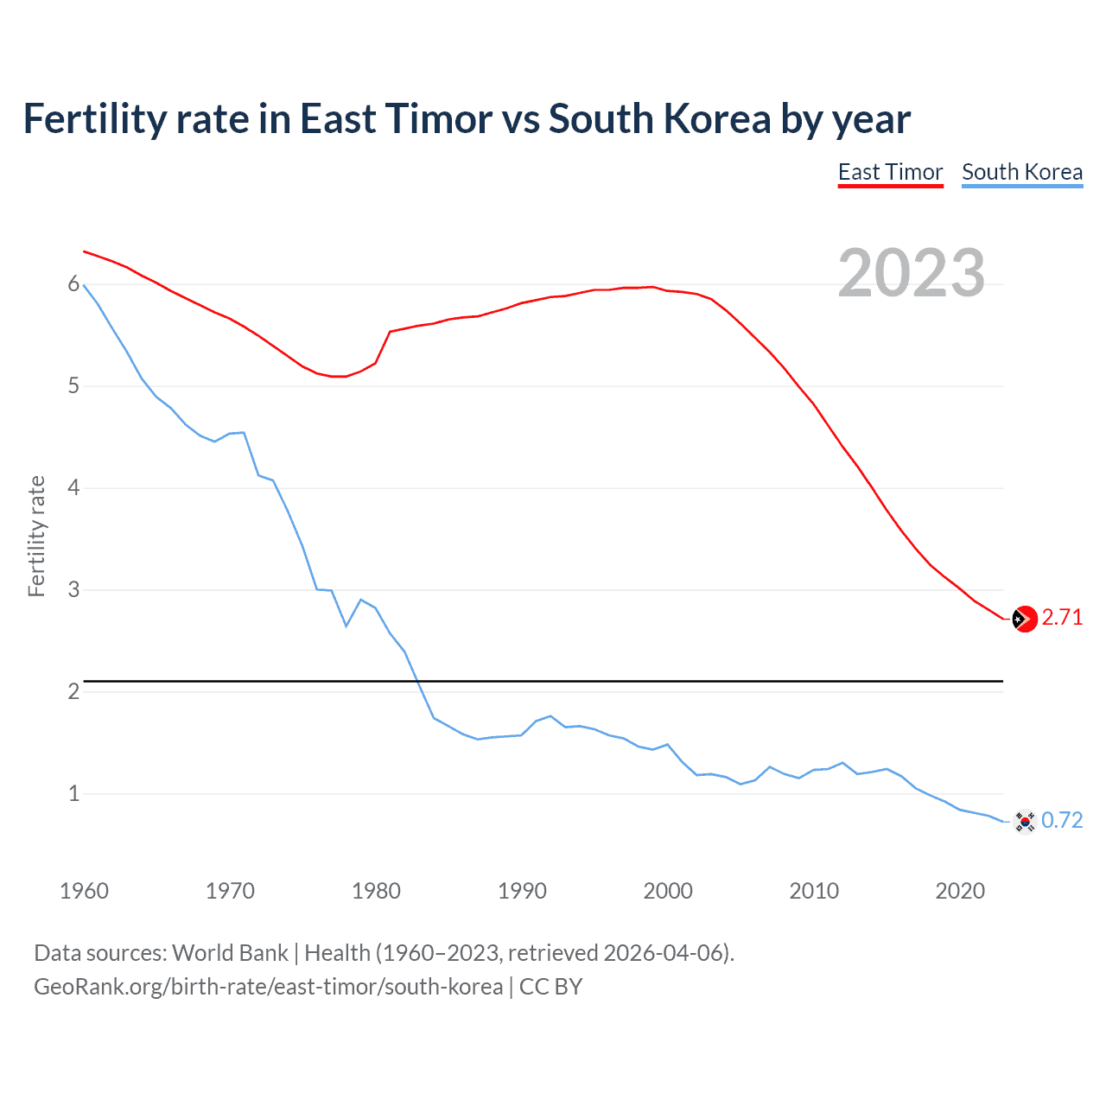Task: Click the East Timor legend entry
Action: coord(890,172)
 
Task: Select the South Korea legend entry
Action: coord(1022,172)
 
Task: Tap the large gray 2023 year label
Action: coord(912,273)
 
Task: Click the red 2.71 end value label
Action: coord(1062,617)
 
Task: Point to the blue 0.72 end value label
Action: coord(1062,820)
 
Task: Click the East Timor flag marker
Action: coord(1025,619)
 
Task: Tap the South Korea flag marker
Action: coord(1025,822)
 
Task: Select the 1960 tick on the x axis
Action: coord(84,891)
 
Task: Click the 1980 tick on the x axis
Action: coord(376,891)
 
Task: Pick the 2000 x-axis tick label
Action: coord(668,891)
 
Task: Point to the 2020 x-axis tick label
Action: coord(960,891)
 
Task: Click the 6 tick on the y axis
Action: coord(73,284)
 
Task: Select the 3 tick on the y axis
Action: coord(73,589)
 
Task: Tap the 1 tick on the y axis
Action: coord(73,793)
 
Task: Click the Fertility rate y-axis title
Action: coord(36,536)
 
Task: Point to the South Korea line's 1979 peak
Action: coord(361,600)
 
